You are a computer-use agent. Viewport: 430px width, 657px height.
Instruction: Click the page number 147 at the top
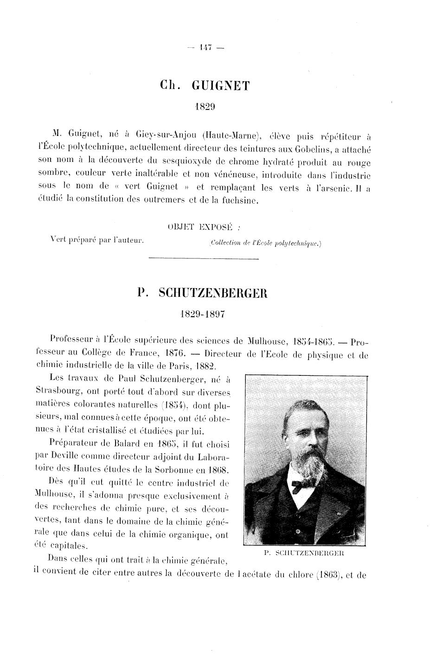(204, 46)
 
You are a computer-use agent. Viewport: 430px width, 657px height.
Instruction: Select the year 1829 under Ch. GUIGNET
(204, 106)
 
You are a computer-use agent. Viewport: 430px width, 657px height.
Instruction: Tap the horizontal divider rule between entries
(204, 258)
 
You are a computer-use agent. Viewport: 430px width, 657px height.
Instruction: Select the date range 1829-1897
(204, 314)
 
